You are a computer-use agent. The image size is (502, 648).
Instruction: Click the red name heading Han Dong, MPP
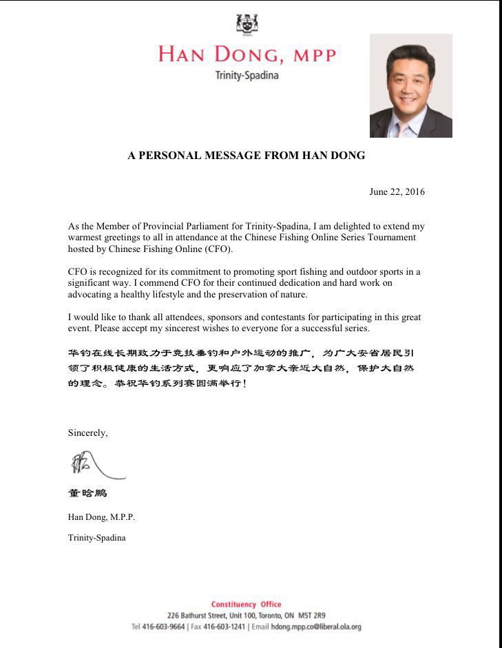click(247, 54)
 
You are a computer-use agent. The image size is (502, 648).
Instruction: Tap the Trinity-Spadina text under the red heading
click(247, 75)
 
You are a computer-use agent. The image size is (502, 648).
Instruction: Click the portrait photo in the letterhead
click(410, 85)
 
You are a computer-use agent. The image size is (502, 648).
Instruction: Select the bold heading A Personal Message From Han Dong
click(247, 156)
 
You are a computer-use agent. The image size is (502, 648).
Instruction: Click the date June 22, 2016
click(397, 192)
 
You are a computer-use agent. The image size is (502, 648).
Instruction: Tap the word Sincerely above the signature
click(87, 433)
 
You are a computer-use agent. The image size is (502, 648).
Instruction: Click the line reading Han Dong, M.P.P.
click(96, 516)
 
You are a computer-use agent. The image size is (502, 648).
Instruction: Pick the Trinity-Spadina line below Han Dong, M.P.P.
click(96, 537)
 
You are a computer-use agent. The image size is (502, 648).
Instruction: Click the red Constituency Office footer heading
click(246, 604)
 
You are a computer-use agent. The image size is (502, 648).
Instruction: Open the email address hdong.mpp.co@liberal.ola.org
click(315, 627)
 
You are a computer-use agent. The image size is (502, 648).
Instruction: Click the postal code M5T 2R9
click(312, 615)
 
